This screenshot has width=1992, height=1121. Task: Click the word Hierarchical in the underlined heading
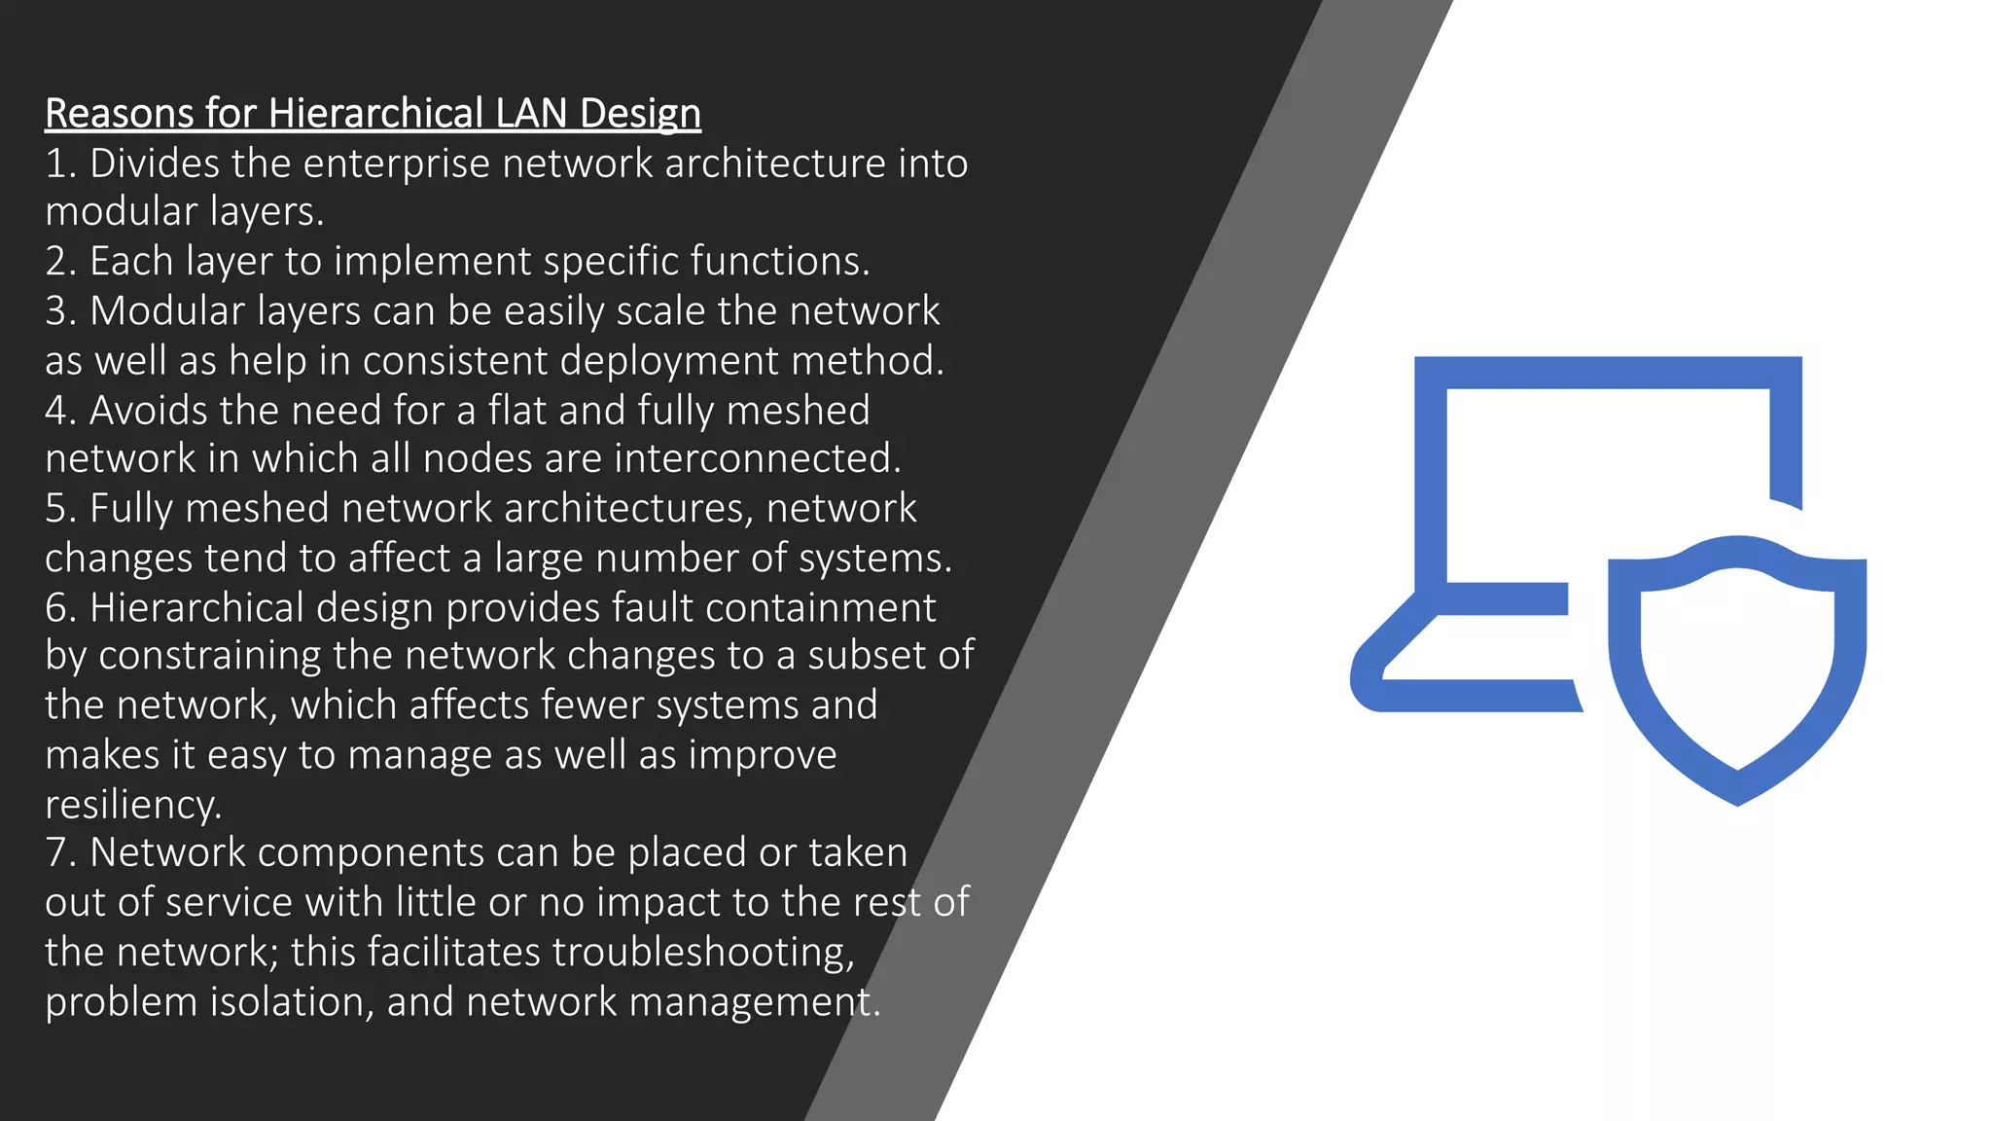tap(375, 114)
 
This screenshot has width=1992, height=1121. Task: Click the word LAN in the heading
tap(531, 114)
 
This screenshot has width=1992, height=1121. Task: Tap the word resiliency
tap(133, 805)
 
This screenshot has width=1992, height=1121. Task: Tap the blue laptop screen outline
tap(1607, 373)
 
